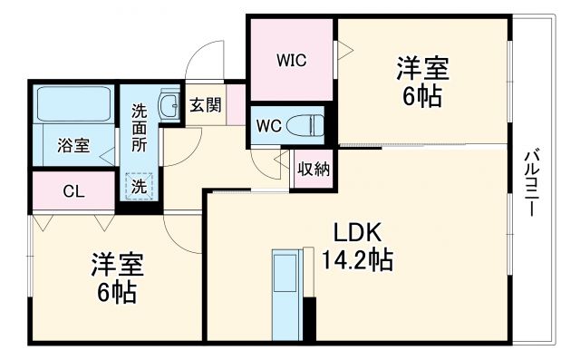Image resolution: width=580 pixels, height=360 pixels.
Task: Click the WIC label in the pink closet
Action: click(x=291, y=61)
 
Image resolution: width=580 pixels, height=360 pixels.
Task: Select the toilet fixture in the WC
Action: click(x=305, y=124)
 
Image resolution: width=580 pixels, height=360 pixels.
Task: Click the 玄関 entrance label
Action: click(x=205, y=104)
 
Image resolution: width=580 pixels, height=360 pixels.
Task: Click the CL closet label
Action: click(x=74, y=190)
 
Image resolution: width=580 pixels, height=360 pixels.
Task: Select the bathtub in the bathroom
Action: click(x=74, y=108)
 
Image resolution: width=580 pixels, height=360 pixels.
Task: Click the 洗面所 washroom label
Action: click(x=140, y=127)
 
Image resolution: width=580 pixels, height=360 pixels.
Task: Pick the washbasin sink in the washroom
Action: click(x=169, y=105)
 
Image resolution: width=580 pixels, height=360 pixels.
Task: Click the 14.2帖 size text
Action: click(x=357, y=261)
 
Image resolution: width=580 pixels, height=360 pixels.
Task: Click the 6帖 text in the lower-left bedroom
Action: click(x=117, y=292)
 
